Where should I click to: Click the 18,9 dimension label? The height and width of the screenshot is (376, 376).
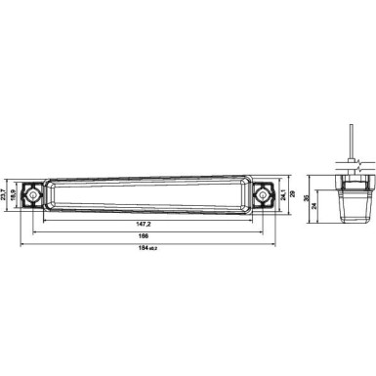(x=15, y=196)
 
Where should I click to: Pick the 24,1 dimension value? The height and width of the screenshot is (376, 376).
(x=284, y=196)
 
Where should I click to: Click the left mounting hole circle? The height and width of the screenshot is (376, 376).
(x=33, y=196)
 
